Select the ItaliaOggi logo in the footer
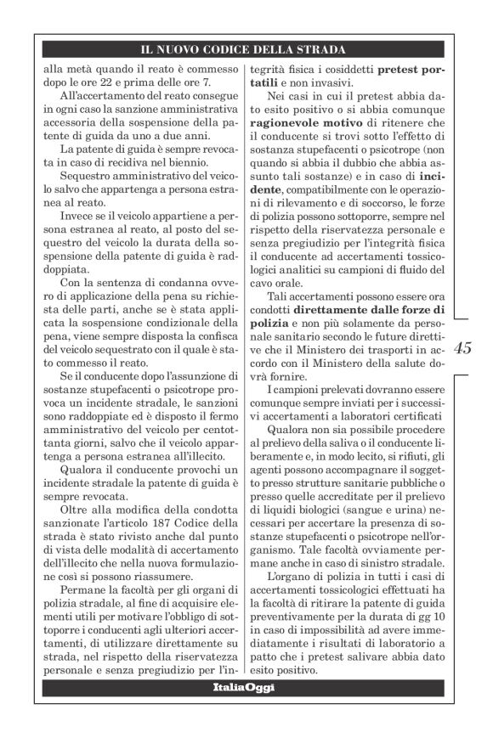(x=246, y=685)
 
